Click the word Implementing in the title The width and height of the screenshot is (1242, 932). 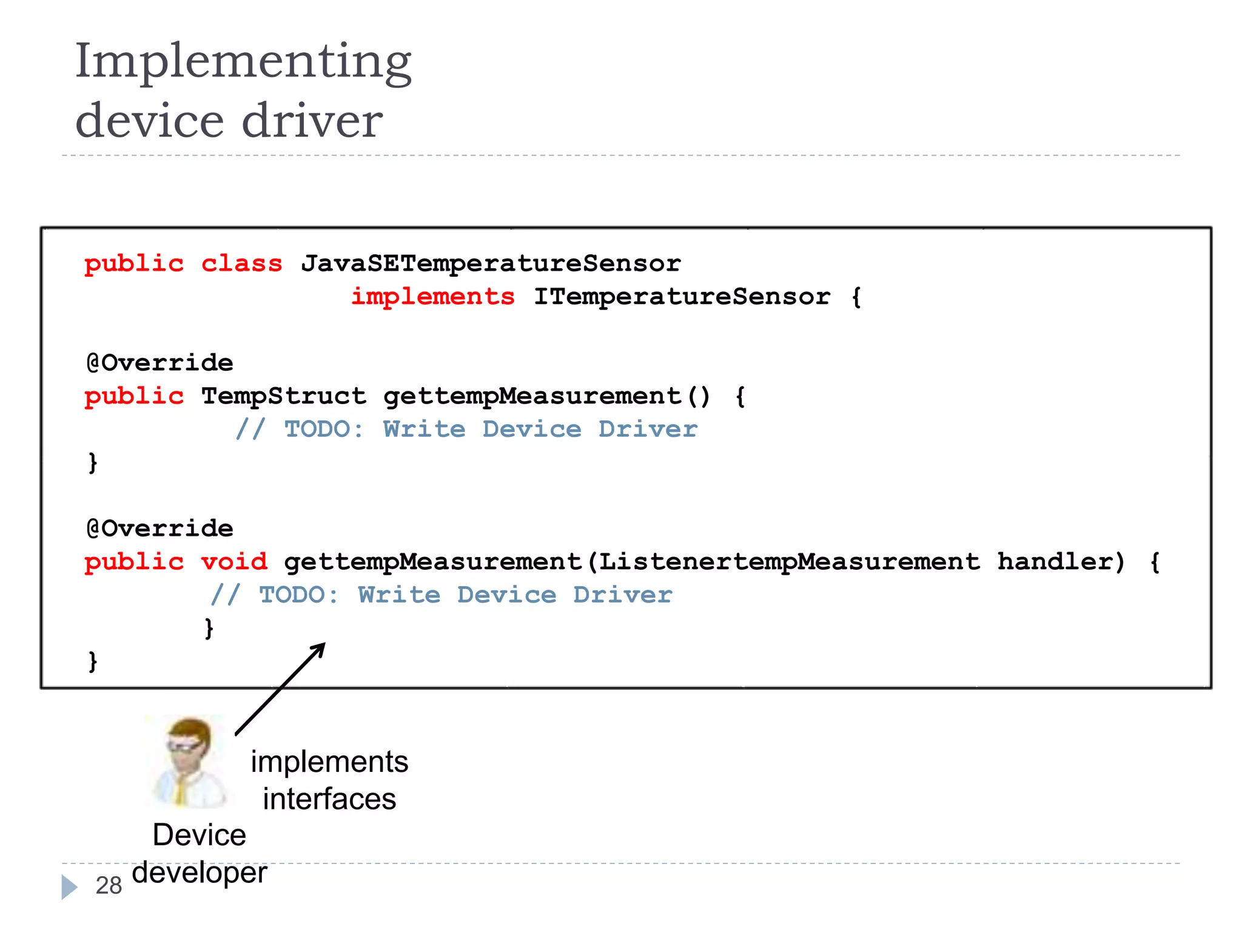tap(243, 62)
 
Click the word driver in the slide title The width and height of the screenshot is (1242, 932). tap(312, 121)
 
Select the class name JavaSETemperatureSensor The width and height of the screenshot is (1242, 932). tap(491, 263)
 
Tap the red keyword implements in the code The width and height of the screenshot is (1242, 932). tap(433, 297)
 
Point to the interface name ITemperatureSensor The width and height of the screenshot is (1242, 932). tap(682, 297)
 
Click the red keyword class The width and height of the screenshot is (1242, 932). tap(241, 263)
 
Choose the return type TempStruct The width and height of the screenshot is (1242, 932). tap(284, 396)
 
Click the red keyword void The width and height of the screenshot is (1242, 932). tap(234, 562)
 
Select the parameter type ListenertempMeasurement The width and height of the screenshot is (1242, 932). tap(789, 562)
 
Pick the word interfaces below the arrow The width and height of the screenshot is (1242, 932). tap(329, 799)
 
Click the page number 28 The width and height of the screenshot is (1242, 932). tap(109, 886)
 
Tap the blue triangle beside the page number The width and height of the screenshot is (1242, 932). tap(69, 887)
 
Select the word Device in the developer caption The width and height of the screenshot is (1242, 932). tap(200, 836)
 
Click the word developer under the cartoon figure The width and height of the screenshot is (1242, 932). tap(200, 873)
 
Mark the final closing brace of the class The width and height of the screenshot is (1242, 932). tap(93, 661)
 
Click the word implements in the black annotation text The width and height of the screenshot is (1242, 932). tap(329, 762)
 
